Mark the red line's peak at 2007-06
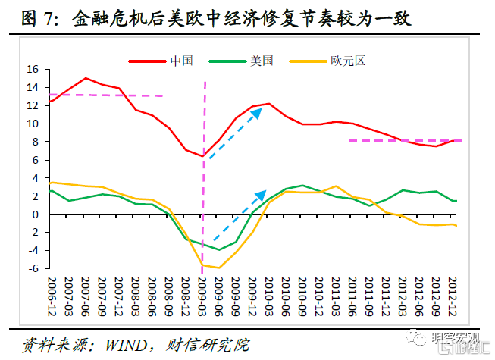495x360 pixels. point(85,78)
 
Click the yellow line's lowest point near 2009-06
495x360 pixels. point(219,268)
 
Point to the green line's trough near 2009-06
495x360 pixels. point(219,249)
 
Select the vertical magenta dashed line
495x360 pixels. point(205,174)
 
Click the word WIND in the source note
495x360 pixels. point(124,343)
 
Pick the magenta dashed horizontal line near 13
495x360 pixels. point(106,95)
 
